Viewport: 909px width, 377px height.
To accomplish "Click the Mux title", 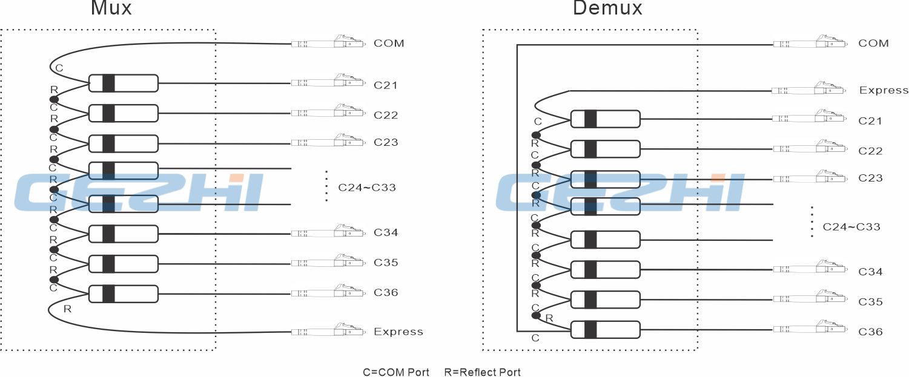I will (x=111, y=8).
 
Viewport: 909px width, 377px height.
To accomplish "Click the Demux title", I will (x=607, y=8).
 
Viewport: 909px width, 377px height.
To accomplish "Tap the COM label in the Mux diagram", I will (x=389, y=44).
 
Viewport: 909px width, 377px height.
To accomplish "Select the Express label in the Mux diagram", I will (x=398, y=332).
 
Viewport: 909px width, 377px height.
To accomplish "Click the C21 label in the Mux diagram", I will (x=386, y=85).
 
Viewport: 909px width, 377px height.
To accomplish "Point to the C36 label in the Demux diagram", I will (x=870, y=332).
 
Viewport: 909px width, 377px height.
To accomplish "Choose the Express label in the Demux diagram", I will (x=884, y=90).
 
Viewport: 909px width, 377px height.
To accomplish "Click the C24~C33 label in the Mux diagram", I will (x=367, y=188).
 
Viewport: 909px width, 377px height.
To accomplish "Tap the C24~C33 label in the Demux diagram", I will (x=851, y=228).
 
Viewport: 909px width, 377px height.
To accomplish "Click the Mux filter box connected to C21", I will (x=123, y=83).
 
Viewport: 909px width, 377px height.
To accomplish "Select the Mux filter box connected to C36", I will (x=123, y=294).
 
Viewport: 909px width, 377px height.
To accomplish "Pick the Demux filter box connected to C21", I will (x=606, y=119).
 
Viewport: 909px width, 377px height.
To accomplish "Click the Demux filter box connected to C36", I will (x=606, y=330).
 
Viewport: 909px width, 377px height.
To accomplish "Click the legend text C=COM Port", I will (x=396, y=372).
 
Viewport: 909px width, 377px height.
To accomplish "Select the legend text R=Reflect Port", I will (x=482, y=372).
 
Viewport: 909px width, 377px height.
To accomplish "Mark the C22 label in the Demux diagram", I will (x=870, y=151).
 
